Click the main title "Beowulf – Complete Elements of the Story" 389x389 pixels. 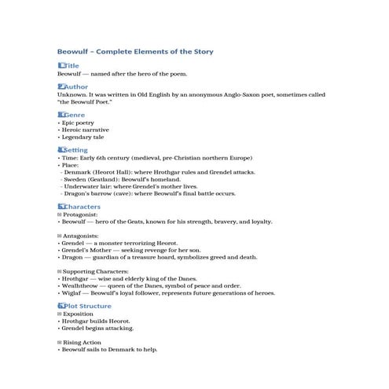[x=135, y=51]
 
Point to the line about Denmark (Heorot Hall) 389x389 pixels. [x=156, y=171]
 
